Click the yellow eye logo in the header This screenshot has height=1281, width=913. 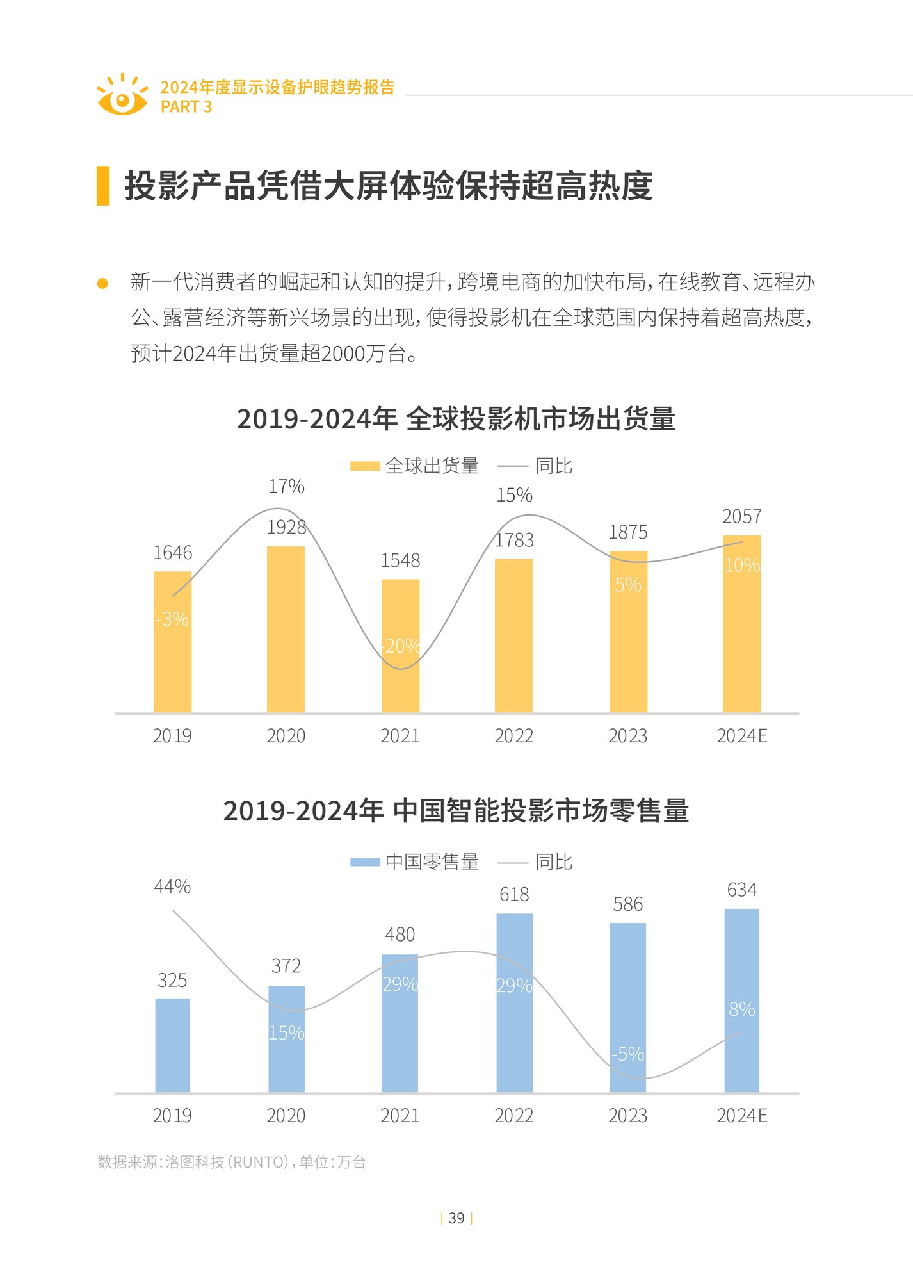[x=122, y=97]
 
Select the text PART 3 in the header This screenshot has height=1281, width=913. [x=186, y=107]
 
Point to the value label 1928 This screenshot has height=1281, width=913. [x=286, y=527]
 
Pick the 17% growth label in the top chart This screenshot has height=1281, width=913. [x=286, y=487]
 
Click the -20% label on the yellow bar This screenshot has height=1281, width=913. [x=401, y=646]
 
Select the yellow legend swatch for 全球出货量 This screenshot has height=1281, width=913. [x=365, y=466]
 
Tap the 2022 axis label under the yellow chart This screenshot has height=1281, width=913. [x=513, y=736]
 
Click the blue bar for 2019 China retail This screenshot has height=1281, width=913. [x=172, y=1045]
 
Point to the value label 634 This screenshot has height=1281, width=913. [x=741, y=890]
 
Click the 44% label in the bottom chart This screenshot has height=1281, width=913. [x=172, y=886]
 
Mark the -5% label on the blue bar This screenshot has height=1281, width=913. [x=627, y=1054]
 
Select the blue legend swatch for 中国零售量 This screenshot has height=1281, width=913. [x=365, y=862]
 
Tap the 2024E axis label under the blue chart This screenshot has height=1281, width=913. [x=741, y=1116]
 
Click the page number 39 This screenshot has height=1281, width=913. [x=456, y=1218]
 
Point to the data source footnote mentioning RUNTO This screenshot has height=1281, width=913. [x=231, y=1162]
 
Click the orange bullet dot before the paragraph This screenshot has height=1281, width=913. [x=102, y=283]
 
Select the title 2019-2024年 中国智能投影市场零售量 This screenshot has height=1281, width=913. [x=456, y=811]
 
